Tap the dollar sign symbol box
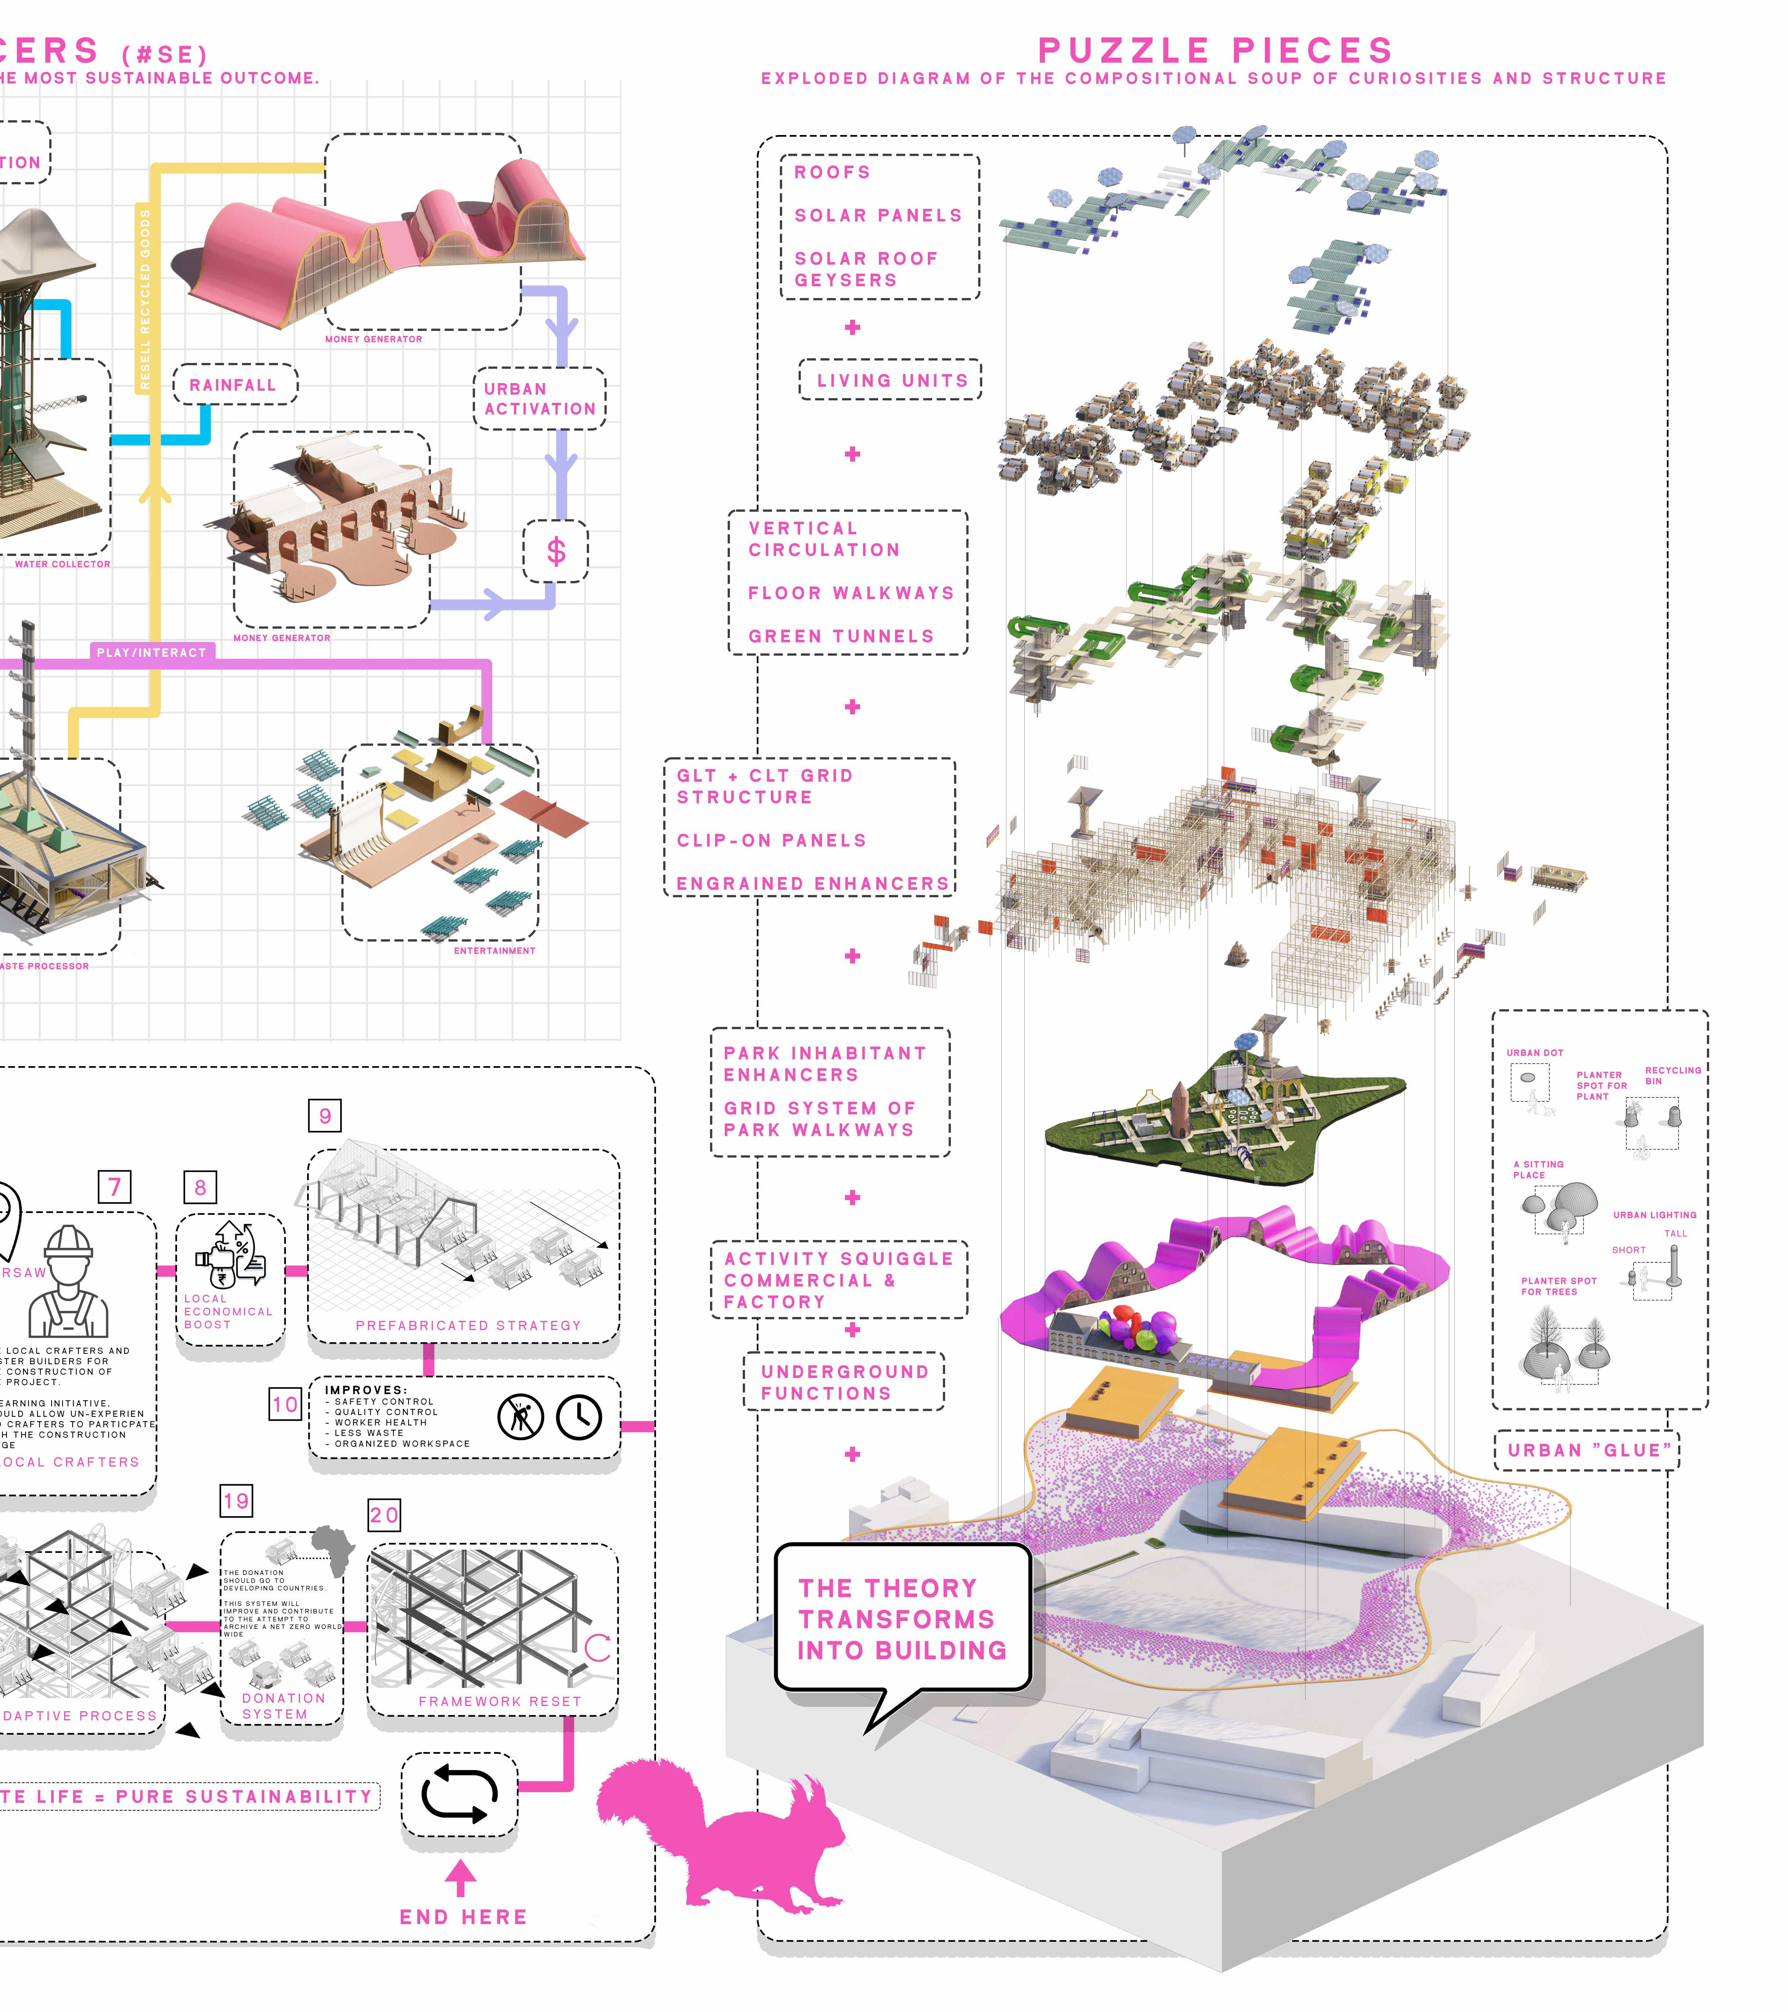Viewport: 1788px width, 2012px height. (x=555, y=551)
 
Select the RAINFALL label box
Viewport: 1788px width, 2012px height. (x=234, y=385)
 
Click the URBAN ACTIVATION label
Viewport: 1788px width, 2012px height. (x=540, y=399)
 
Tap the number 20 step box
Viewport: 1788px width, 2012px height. (x=384, y=1515)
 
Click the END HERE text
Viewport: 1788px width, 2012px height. (x=463, y=1917)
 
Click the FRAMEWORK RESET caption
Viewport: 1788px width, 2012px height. (x=499, y=1701)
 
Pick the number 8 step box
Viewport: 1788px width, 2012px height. (x=201, y=1187)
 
